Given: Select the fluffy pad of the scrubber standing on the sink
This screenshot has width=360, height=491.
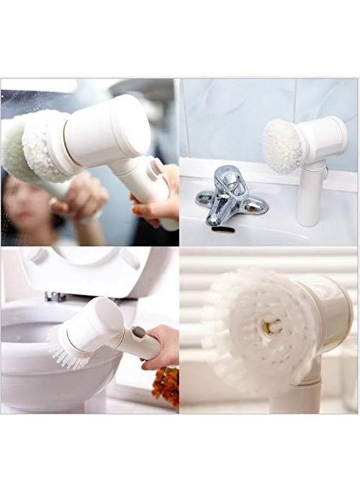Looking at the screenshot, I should (x=281, y=147).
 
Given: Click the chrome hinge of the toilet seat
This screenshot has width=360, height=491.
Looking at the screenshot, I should (x=55, y=296).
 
